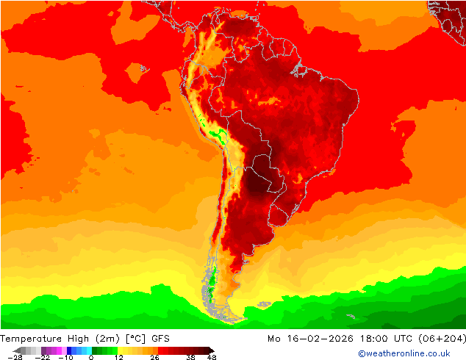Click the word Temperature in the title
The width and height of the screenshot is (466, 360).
coord(32,338)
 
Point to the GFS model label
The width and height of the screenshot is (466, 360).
coord(162,338)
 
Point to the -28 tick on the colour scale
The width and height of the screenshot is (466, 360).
coord(13,357)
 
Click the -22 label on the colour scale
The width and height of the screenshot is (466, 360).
coord(42,357)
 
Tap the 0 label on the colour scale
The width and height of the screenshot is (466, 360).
coord(91,357)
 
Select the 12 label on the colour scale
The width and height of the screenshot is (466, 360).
coord(118,357)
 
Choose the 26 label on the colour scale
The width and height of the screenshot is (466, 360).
coord(154,357)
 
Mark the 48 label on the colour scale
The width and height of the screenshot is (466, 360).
coord(212,357)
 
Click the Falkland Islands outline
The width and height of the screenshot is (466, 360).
coord(263,303)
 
